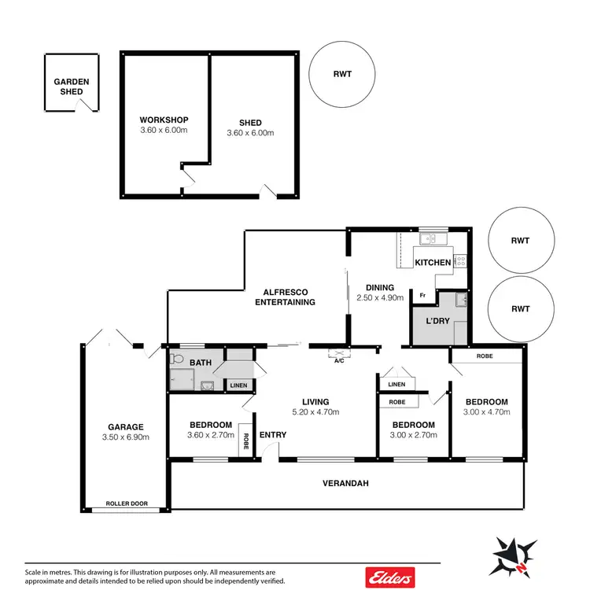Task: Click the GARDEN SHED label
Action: (x=71, y=87)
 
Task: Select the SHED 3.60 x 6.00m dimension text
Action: (x=250, y=133)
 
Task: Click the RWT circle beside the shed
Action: (x=341, y=76)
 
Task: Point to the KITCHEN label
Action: (x=433, y=262)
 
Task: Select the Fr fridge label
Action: (x=422, y=296)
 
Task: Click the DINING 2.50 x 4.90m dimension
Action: (x=379, y=298)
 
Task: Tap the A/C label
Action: (x=339, y=362)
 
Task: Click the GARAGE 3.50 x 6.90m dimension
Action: (x=126, y=437)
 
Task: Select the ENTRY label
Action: (x=272, y=435)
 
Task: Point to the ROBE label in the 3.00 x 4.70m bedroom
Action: (x=485, y=356)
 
